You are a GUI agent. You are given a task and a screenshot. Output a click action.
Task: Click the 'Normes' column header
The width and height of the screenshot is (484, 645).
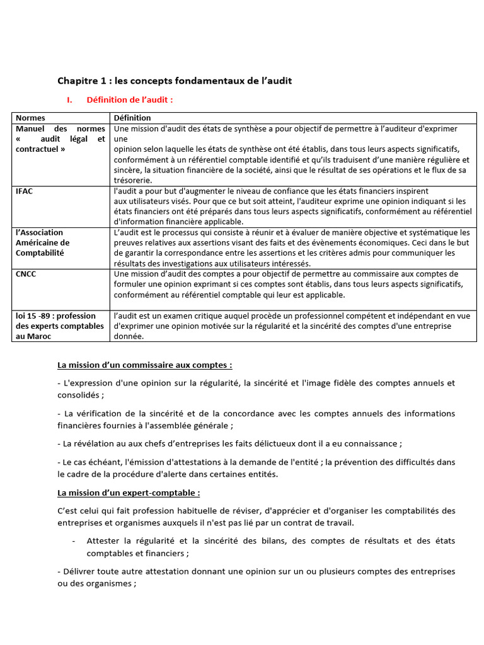(30, 118)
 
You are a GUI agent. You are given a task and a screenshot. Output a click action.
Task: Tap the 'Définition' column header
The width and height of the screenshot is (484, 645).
(132, 118)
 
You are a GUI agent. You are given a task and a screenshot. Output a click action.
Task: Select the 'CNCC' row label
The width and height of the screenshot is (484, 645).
(26, 274)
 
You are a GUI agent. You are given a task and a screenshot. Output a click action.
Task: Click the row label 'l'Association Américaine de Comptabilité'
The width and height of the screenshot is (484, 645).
(43, 243)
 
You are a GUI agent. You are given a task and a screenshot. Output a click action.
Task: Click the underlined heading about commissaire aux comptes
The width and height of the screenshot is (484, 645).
(144, 365)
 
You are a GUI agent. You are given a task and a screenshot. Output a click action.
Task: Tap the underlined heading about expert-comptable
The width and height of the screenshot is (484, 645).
(129, 492)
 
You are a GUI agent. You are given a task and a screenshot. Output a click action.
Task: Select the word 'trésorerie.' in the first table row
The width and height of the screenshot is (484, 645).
(134, 180)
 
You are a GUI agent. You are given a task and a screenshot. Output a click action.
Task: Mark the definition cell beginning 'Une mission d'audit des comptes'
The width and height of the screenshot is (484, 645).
(294, 284)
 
